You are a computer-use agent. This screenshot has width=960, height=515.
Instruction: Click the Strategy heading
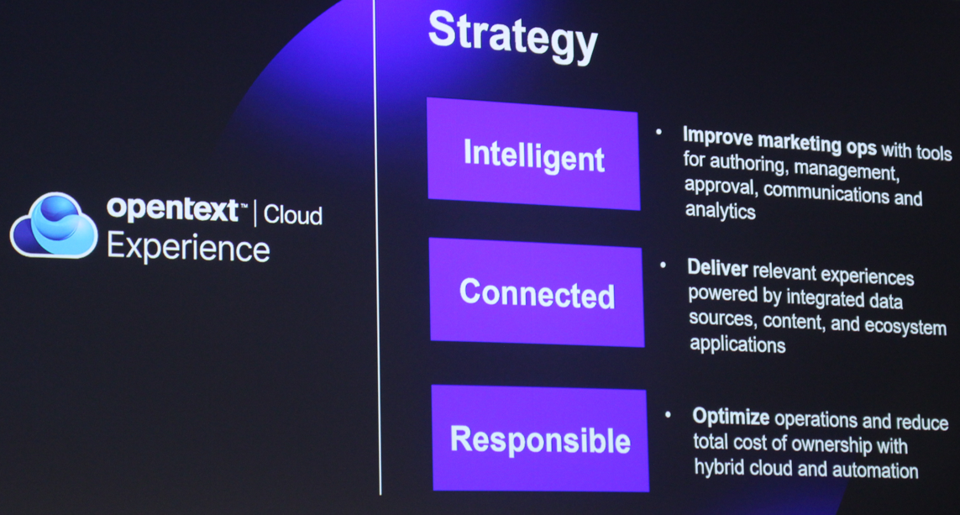pyautogui.click(x=513, y=36)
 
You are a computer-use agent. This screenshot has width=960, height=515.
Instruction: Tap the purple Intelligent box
pyautogui.click(x=533, y=154)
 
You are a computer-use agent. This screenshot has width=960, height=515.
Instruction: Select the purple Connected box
pyautogui.click(x=537, y=292)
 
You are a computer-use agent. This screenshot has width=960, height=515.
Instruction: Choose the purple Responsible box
pyautogui.click(x=540, y=439)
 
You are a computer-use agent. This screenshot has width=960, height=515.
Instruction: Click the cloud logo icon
pyautogui.click(x=54, y=225)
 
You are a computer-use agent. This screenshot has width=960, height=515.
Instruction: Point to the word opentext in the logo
pyautogui.click(x=173, y=209)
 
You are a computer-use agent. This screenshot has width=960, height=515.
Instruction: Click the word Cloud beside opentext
pyautogui.click(x=292, y=215)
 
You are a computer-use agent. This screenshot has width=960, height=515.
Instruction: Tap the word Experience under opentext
pyautogui.click(x=188, y=248)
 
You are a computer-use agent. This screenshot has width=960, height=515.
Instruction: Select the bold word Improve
pyautogui.click(x=717, y=137)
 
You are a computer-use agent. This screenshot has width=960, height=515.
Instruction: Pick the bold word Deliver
pyautogui.click(x=717, y=268)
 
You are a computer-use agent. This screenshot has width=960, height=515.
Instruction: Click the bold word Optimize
pyautogui.click(x=731, y=417)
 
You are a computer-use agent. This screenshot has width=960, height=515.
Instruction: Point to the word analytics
pyautogui.click(x=720, y=211)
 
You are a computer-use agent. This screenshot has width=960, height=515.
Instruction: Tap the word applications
pyautogui.click(x=737, y=344)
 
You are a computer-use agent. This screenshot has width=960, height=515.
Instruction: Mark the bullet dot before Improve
pyautogui.click(x=658, y=132)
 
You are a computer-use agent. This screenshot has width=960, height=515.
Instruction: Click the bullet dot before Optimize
pyautogui.click(x=668, y=414)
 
